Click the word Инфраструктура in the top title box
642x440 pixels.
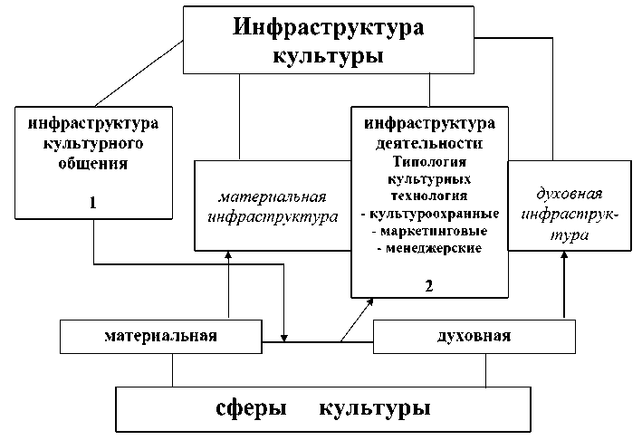[328, 26]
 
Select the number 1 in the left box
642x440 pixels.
[92, 204]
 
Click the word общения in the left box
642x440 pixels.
[93, 165]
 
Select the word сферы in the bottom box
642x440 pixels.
[253, 407]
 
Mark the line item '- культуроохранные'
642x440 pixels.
[429, 215]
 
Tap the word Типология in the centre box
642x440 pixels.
[429, 161]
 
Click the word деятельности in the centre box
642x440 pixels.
[429, 144]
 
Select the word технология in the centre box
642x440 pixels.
[429, 195]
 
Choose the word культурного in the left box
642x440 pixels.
[93, 143]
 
